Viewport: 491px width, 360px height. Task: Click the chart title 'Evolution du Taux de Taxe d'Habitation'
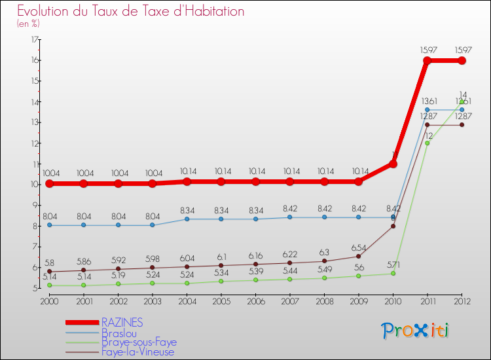pyautogui.click(x=131, y=11)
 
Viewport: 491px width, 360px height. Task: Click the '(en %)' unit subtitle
pyautogui.click(x=29, y=24)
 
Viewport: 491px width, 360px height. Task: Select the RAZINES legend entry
pyautogui.click(x=122, y=323)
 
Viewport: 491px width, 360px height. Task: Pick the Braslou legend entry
pyautogui.click(x=118, y=333)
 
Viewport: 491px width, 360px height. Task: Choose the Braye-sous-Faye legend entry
pyautogui.click(x=139, y=342)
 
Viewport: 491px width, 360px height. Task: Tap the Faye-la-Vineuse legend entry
pyautogui.click(x=138, y=352)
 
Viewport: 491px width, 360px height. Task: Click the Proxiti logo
pyautogui.click(x=416, y=331)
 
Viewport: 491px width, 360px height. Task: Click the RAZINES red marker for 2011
pyautogui.click(x=427, y=60)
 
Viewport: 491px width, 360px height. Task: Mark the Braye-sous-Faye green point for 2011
pyautogui.click(x=427, y=143)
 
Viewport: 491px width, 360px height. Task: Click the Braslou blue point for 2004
pyautogui.click(x=187, y=219)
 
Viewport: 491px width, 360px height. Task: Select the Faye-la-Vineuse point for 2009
pyautogui.click(x=358, y=256)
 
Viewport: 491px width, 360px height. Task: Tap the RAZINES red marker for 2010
pyautogui.click(x=393, y=164)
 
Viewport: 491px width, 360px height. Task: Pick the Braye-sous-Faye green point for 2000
pyautogui.click(x=49, y=285)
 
